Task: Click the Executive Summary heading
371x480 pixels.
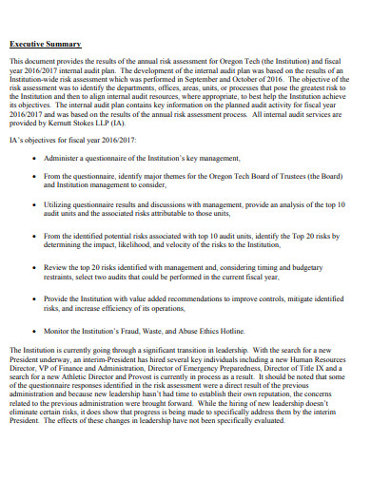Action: (45, 45)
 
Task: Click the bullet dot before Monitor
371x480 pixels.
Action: (35, 331)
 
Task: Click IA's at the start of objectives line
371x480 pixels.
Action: (16, 139)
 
